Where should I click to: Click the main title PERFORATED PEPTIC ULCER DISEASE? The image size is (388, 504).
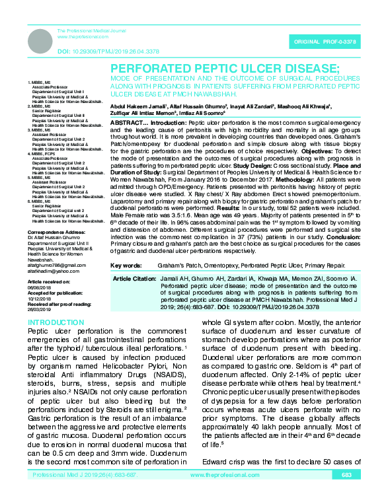(x=225, y=69)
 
